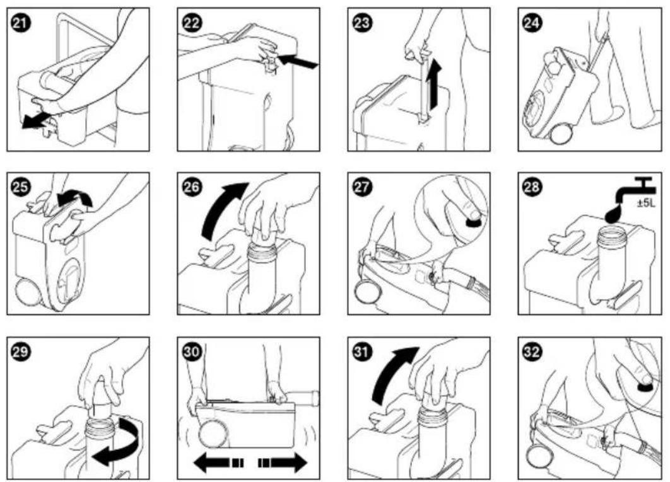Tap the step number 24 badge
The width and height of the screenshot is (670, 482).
[x=532, y=23]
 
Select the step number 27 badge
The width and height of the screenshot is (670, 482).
[x=361, y=187]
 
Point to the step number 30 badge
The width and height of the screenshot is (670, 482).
[x=191, y=352]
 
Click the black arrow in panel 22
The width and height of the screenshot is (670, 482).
[x=297, y=60]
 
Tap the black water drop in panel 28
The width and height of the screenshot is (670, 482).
[x=613, y=214]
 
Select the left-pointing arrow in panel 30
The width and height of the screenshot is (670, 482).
[x=218, y=462]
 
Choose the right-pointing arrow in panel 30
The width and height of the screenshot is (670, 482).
[x=283, y=462]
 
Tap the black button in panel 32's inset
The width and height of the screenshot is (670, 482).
[x=646, y=386]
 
